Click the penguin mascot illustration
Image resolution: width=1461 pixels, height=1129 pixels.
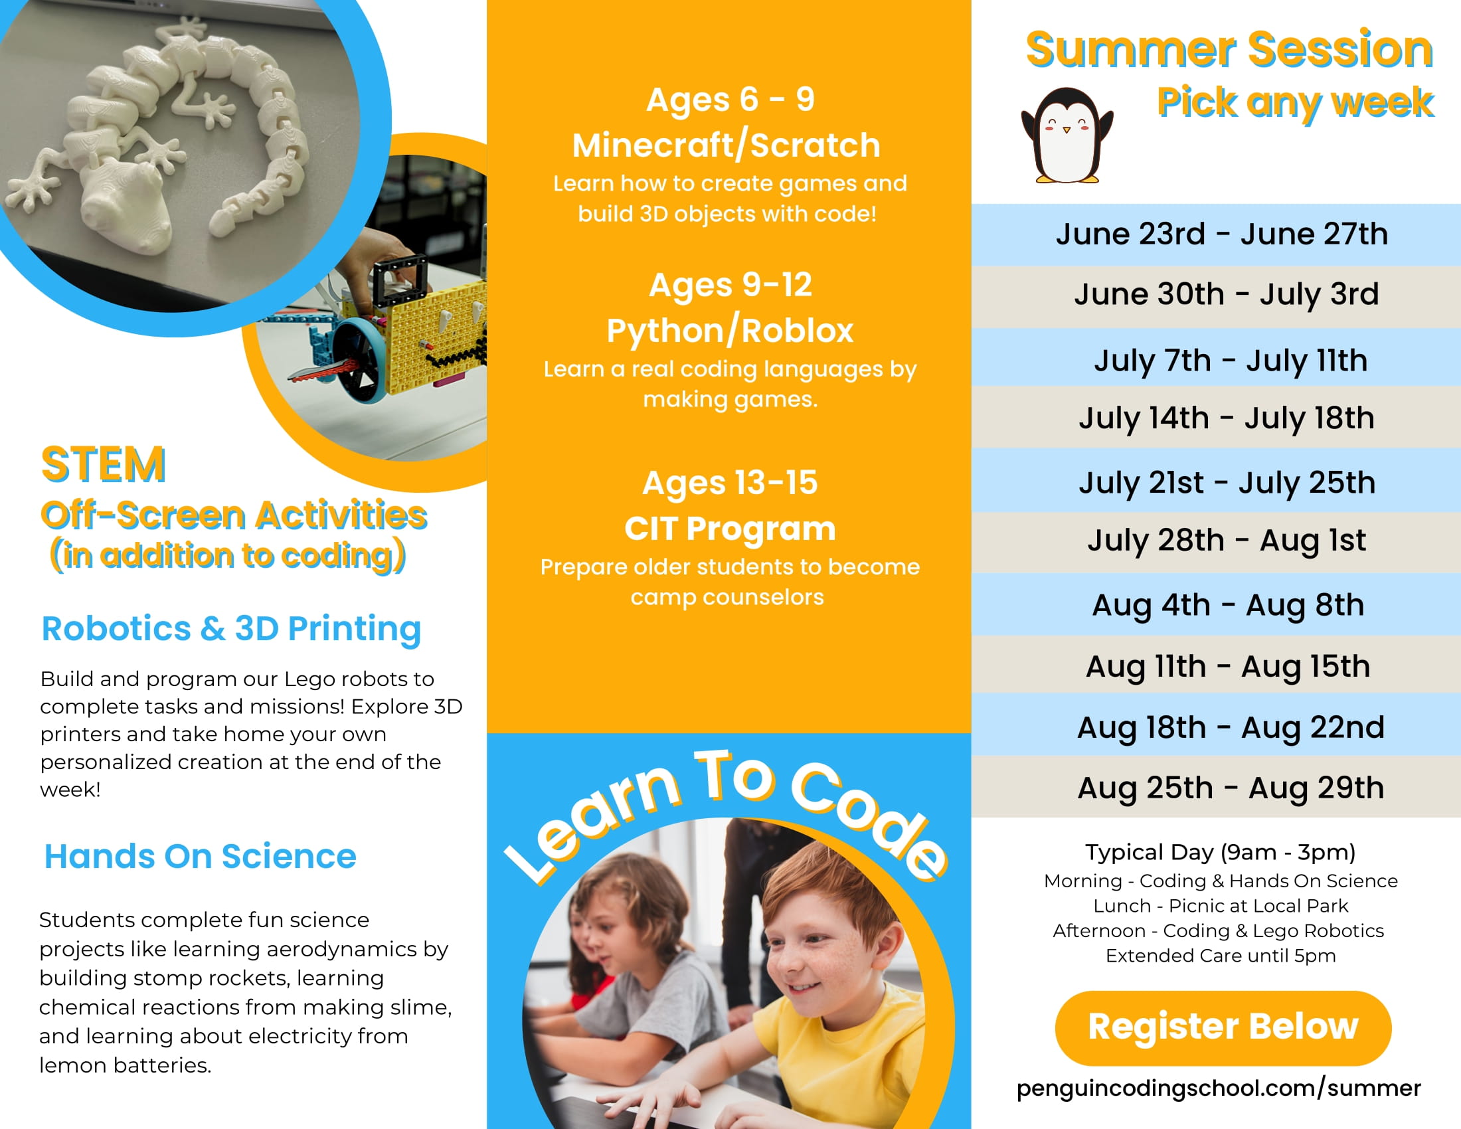point(1067,135)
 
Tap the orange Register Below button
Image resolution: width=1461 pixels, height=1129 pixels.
point(1223,1028)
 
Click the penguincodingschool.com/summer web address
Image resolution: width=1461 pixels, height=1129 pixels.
point(1218,1088)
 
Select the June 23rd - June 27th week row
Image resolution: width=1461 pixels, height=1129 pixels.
point(1221,234)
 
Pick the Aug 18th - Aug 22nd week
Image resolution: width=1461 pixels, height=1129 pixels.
point(1230,727)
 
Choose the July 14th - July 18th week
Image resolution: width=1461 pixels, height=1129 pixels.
point(1226,418)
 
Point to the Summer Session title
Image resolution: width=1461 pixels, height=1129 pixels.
point(1229,50)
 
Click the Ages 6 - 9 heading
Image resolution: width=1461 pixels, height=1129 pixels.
point(730,100)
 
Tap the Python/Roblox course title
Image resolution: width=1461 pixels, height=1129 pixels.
point(730,331)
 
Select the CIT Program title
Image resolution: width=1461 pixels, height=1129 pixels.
point(730,529)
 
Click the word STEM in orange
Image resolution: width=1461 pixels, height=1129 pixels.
point(103,464)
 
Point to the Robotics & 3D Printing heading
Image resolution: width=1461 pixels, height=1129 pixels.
point(232,629)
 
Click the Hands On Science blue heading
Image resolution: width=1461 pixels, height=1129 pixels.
point(200,856)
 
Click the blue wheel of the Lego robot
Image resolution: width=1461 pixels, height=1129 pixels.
point(359,361)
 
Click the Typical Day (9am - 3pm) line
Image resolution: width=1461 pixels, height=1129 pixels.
point(1220,852)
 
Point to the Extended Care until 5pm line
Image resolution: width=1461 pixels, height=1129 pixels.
point(1220,956)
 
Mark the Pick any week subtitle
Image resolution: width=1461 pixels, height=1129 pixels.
point(1295,103)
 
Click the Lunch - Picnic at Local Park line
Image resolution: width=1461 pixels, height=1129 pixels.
point(1220,906)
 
